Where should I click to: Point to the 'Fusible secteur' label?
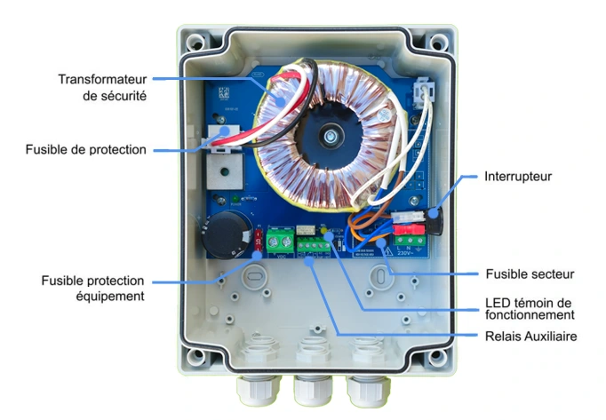(530, 273)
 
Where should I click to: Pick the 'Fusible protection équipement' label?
(92, 288)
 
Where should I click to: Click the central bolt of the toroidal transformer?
(331, 137)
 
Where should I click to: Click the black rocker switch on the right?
(435, 216)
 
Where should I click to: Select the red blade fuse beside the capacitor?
(258, 240)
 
